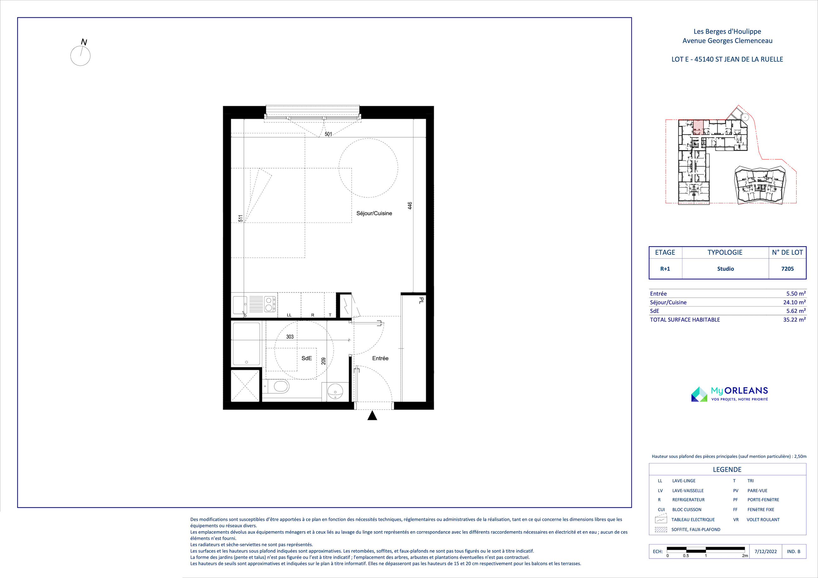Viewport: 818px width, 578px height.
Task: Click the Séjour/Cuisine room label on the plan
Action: click(x=374, y=213)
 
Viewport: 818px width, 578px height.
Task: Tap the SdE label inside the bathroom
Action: click(x=306, y=358)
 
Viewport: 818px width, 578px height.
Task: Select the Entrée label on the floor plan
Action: click(x=380, y=358)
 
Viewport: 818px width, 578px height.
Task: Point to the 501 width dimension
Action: click(x=328, y=134)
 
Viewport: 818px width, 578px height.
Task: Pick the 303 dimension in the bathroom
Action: click(x=290, y=336)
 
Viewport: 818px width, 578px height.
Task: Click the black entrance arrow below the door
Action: click(x=372, y=416)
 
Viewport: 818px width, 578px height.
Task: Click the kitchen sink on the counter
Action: click(x=240, y=305)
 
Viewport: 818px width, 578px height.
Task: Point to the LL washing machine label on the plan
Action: click(x=289, y=315)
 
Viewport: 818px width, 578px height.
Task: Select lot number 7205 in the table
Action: click(x=787, y=269)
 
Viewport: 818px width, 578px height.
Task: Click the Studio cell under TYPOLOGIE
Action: click(x=726, y=269)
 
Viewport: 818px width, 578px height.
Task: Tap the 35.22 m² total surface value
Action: click(x=794, y=320)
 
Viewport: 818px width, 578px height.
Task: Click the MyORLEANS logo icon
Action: click(x=699, y=394)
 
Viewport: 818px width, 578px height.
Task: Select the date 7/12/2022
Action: click(x=766, y=551)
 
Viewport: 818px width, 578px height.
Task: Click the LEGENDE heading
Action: click(x=727, y=470)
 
